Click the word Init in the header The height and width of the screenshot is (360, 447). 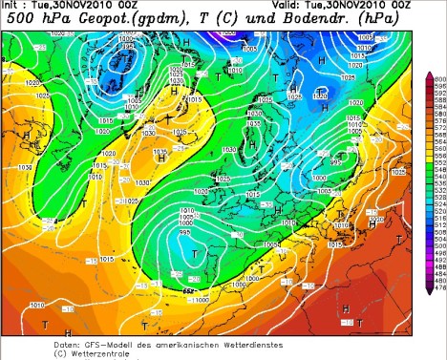14,6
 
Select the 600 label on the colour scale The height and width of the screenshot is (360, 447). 439,77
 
